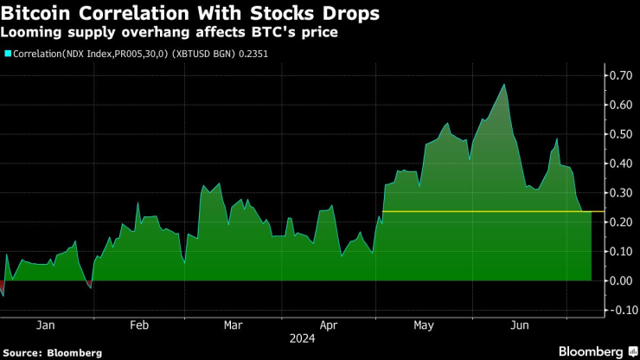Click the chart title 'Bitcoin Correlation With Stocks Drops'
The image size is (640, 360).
coord(189,14)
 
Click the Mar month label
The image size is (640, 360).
coord(233,325)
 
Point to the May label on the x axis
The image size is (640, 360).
coord(424,325)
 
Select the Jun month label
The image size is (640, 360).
coord(519,325)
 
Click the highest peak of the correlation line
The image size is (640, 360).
coord(503,85)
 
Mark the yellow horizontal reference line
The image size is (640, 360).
coord(484,211)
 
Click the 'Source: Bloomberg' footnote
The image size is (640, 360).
coord(53,352)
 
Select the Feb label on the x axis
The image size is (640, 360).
coord(139,325)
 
